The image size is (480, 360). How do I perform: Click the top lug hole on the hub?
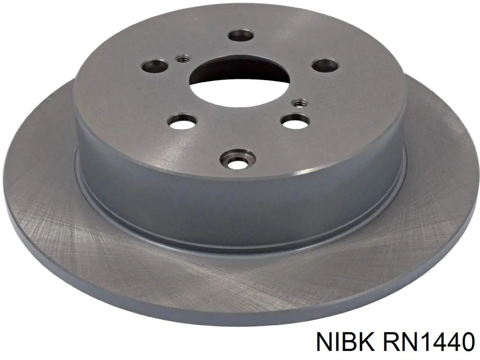[241, 36]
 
